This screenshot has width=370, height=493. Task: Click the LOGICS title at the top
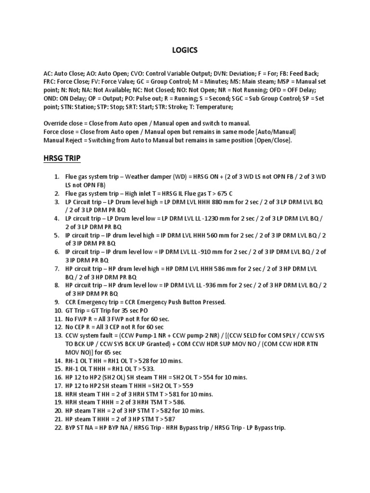click(x=185, y=50)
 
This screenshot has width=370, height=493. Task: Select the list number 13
click(x=58, y=335)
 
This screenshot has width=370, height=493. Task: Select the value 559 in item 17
click(x=186, y=386)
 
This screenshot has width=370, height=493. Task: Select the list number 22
click(x=58, y=427)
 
